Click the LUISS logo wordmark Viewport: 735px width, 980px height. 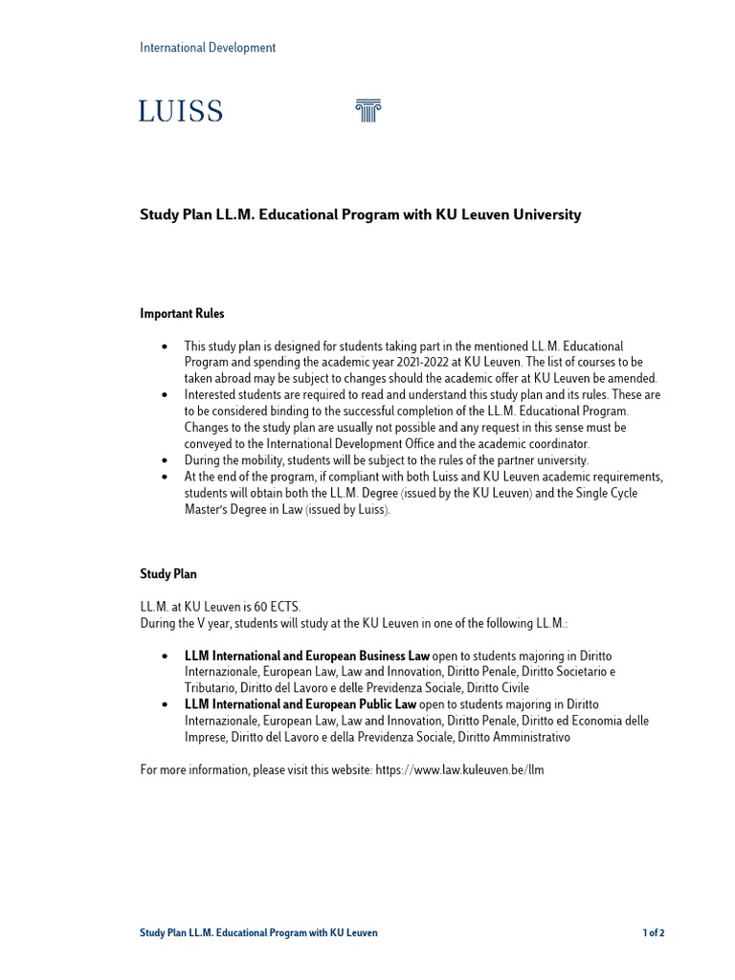point(181,112)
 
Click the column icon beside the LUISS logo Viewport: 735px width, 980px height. point(367,111)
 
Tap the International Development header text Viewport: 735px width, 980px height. point(208,48)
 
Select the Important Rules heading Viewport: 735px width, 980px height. point(183,313)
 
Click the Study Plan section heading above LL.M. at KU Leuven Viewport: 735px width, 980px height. point(168,574)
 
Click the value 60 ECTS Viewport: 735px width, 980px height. point(279,607)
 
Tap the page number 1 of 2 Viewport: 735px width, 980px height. point(653,933)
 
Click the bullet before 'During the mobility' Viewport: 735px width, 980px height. point(166,460)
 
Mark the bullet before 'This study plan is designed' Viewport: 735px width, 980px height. point(166,345)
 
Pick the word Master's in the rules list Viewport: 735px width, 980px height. point(210,509)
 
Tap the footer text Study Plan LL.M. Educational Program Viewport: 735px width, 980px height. point(258,933)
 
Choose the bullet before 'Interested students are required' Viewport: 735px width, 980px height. point(166,394)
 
